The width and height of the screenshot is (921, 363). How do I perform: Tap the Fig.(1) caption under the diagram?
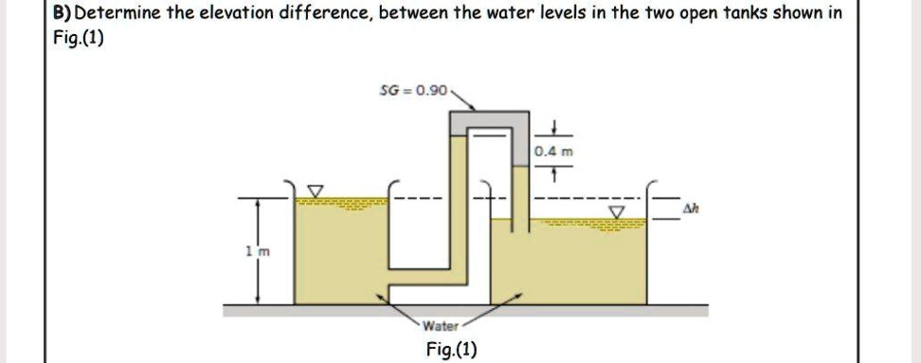point(452,349)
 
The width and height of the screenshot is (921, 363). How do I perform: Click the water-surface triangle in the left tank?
point(318,192)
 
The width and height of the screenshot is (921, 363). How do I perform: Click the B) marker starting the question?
point(63,14)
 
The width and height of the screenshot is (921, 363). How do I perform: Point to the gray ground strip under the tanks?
point(464,309)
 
